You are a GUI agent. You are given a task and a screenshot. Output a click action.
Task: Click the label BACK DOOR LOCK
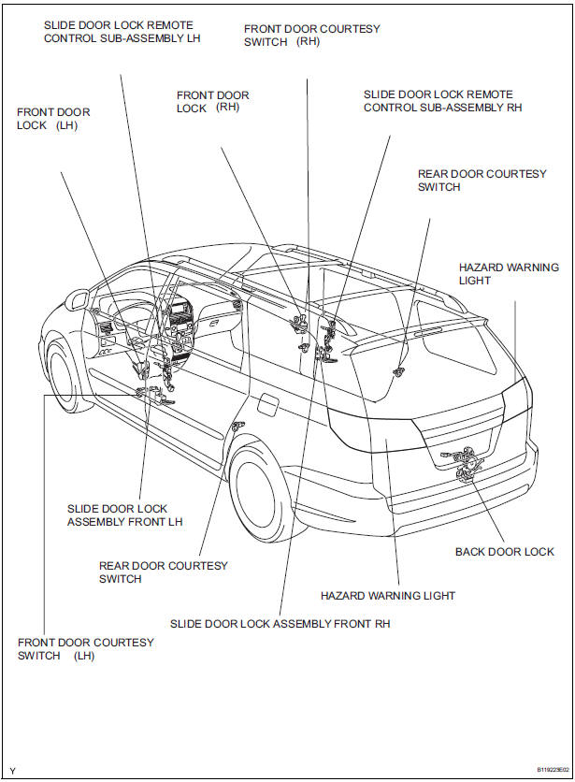pyautogui.click(x=504, y=552)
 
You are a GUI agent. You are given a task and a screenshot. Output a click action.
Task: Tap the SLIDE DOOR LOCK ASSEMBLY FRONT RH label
pyautogui.click(x=280, y=623)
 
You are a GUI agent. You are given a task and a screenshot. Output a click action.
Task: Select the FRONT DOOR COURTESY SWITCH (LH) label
pyautogui.click(x=85, y=649)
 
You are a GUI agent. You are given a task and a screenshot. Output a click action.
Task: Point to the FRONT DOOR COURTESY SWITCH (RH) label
pyautogui.click(x=311, y=36)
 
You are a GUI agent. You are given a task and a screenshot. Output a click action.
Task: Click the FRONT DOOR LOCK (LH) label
pyautogui.click(x=53, y=119)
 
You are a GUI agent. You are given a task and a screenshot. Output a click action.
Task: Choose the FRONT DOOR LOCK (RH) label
pyautogui.click(x=213, y=102)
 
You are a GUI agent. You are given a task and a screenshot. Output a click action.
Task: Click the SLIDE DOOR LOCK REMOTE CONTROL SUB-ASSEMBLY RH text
pyautogui.click(x=442, y=101)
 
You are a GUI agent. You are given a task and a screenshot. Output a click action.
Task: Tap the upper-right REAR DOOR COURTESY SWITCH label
pyautogui.click(x=482, y=181)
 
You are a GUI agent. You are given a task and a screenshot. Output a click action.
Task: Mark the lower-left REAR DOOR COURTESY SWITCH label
pyautogui.click(x=163, y=572)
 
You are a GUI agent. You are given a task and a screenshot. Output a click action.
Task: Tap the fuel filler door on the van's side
pyautogui.click(x=266, y=405)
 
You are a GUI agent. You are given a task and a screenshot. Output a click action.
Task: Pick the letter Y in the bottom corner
pyautogui.click(x=12, y=772)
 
